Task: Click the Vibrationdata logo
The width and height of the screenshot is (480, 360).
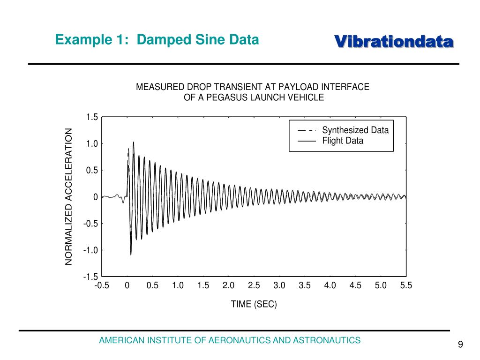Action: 394,42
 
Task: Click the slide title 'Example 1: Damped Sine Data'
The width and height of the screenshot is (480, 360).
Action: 157,40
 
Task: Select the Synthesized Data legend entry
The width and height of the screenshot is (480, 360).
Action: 355,130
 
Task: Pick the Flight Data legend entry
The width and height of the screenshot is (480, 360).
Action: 342,141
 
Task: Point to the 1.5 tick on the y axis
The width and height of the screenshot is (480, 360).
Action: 92,117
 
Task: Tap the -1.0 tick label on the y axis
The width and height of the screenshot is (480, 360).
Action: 91,250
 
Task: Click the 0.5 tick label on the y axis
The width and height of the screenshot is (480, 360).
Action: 92,170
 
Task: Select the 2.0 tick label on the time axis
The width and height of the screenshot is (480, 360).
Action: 228,286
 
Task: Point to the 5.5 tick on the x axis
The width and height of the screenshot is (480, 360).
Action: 406,286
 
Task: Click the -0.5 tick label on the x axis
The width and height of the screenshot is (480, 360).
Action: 101,286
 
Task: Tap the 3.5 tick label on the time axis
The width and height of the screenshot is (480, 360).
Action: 305,286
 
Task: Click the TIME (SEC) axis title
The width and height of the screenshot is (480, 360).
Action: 254,304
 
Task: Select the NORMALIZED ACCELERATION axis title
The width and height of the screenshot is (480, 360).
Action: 69,196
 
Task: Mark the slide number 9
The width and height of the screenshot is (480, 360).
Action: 460,345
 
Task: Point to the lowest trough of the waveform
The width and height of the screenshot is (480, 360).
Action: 131,255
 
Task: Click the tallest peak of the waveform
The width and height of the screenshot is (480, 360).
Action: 134,142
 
